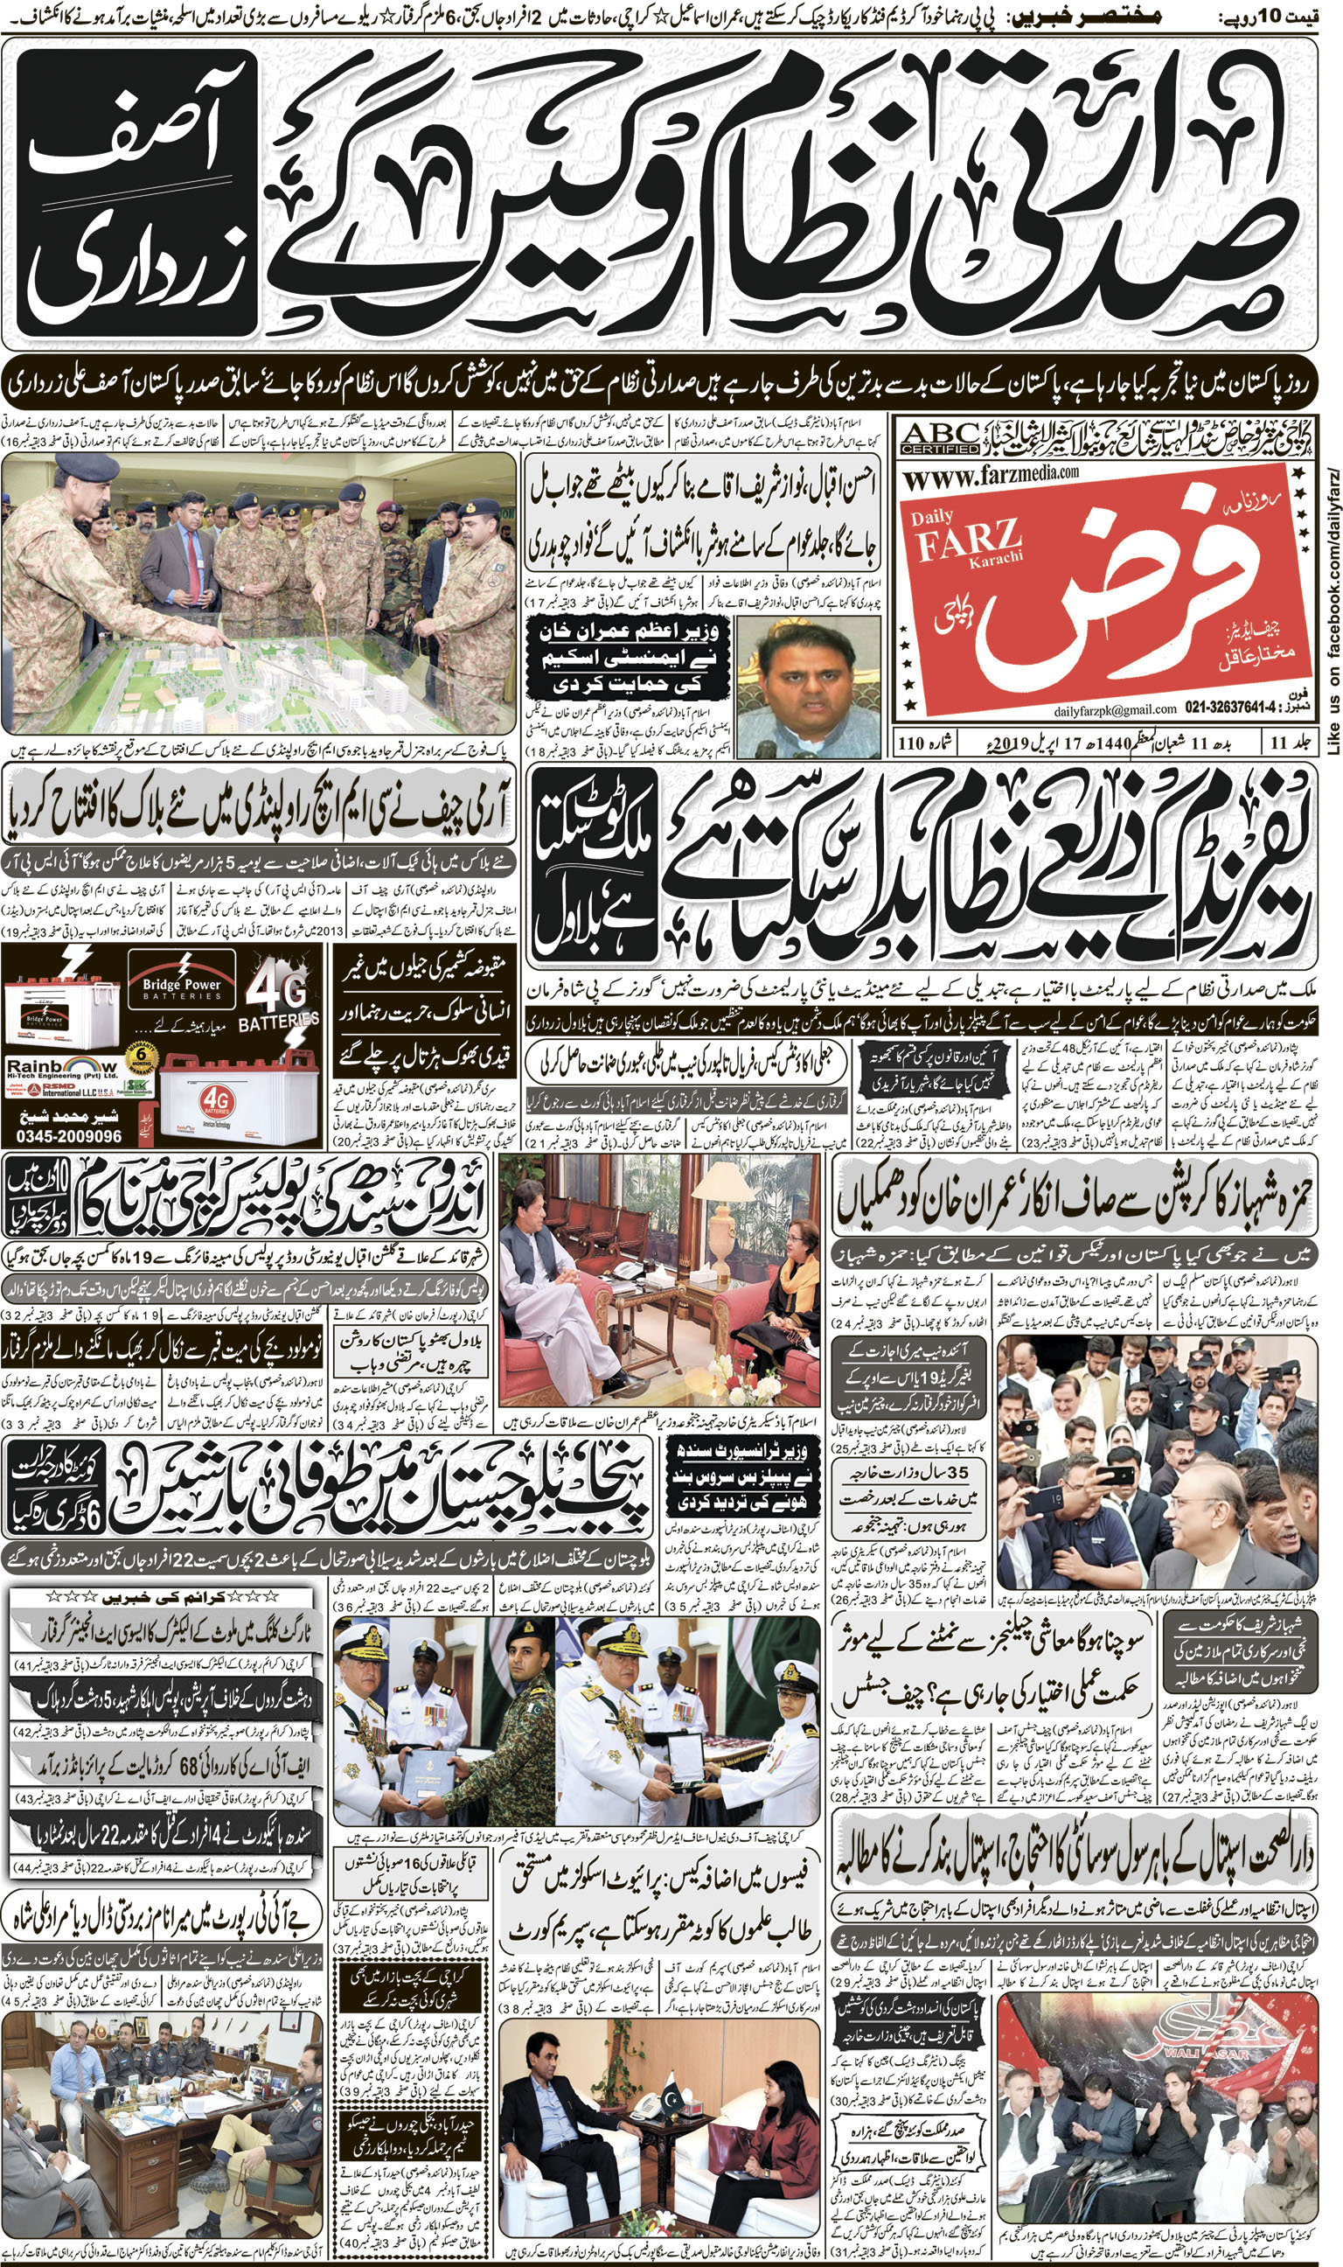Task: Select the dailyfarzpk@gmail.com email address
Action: pyautogui.click(x=1114, y=709)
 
